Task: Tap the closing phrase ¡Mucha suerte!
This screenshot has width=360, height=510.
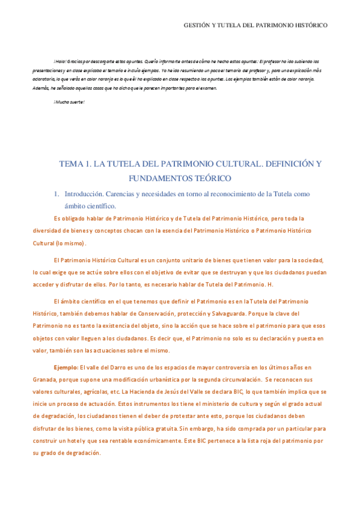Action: pos(69,101)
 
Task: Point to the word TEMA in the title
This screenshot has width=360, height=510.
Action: pos(70,164)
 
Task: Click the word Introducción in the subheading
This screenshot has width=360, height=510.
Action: pos(84,194)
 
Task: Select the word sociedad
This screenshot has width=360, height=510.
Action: pos(307,260)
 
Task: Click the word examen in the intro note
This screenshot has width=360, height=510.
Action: pos(206,88)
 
